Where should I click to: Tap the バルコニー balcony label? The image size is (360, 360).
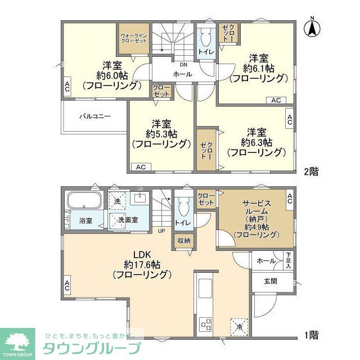point(94,116)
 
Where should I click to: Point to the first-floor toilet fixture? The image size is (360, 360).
point(182,209)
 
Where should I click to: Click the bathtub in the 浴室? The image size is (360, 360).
point(83,200)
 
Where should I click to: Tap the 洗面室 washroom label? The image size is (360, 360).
point(128,221)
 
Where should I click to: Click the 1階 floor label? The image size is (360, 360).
point(311,336)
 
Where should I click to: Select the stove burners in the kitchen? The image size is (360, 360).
point(205,324)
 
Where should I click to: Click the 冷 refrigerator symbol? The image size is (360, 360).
point(238,325)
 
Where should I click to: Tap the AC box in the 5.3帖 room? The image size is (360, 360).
point(141,167)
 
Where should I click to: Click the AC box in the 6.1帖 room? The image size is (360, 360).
point(276,100)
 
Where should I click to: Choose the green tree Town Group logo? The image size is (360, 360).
point(19,341)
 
